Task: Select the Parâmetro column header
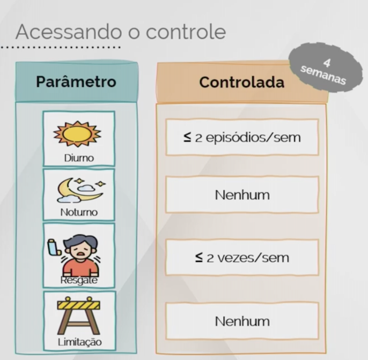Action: [76, 82]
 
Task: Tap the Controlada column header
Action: [241, 82]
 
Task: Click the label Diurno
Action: [78, 158]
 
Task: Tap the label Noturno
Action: [79, 212]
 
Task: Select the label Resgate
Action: [78, 280]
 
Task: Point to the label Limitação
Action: [78, 342]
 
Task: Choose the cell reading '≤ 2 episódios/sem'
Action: [241, 137]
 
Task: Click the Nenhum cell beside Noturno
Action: [241, 194]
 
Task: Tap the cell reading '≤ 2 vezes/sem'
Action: [241, 258]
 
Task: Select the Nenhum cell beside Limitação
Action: [241, 321]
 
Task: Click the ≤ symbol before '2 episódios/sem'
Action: [187, 137]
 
